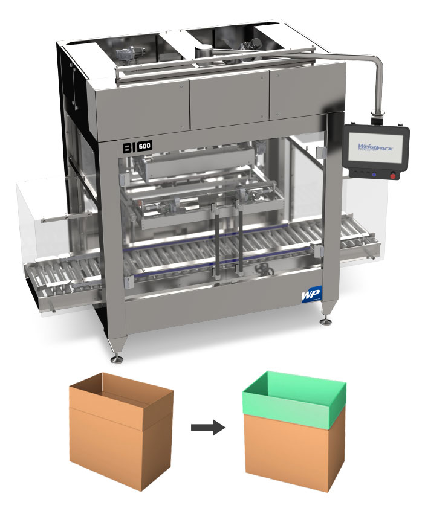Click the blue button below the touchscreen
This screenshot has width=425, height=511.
pos(374,175)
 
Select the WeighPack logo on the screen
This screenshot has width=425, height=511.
pos(375,147)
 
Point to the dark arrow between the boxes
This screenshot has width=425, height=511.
pos(207,428)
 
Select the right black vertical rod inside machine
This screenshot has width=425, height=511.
pos(240,242)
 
